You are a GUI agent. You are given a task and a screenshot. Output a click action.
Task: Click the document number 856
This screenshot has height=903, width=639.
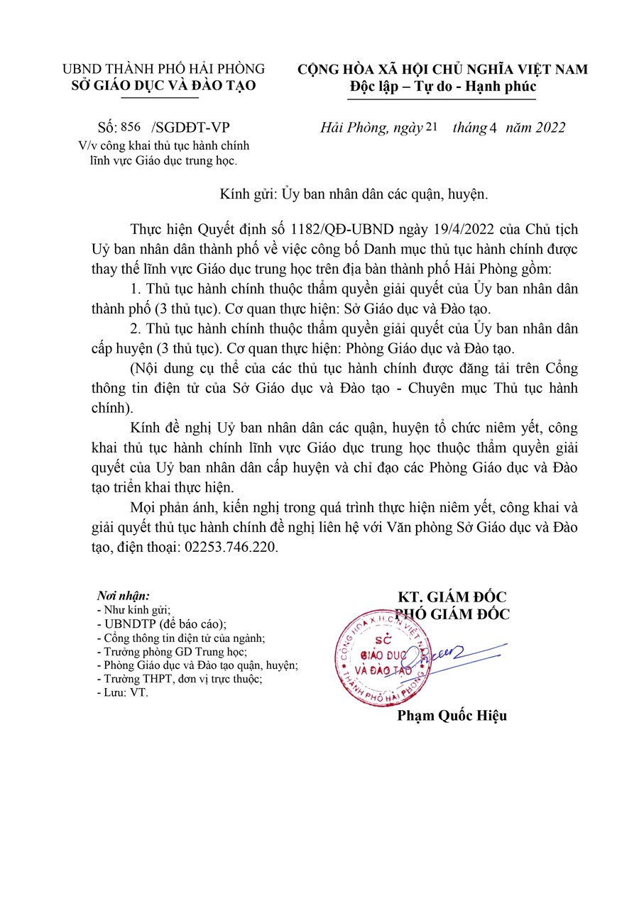(x=131, y=128)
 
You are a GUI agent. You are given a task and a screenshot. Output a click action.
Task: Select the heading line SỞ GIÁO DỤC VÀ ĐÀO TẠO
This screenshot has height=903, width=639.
(x=164, y=86)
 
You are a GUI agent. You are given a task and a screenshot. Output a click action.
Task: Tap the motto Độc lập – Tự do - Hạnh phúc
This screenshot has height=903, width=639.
(x=443, y=87)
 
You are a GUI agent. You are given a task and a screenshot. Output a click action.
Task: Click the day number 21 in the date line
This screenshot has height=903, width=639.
(x=432, y=128)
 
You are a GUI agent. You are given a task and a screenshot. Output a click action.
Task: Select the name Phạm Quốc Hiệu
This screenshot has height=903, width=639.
(x=452, y=716)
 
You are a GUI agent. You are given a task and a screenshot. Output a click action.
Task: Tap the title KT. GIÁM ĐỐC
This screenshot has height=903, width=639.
(x=452, y=597)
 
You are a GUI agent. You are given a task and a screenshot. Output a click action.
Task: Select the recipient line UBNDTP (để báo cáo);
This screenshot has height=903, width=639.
(x=160, y=624)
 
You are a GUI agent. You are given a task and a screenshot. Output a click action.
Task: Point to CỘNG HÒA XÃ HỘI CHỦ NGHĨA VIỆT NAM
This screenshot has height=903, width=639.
(x=442, y=70)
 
